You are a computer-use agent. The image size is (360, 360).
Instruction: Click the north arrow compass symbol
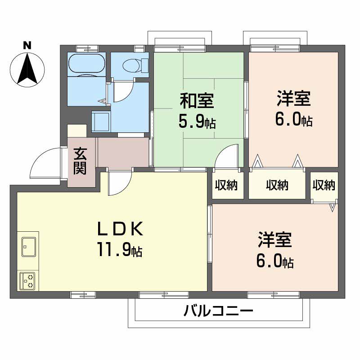[x=27, y=69]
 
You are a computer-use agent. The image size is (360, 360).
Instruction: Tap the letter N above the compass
[x=27, y=45]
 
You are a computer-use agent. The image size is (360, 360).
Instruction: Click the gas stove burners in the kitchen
[x=28, y=280]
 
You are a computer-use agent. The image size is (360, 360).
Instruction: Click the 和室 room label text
[x=197, y=101]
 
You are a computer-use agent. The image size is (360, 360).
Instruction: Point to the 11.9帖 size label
[x=119, y=249]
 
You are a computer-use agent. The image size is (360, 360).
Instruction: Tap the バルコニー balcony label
[x=219, y=311]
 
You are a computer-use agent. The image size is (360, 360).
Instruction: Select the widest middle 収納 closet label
[x=277, y=185]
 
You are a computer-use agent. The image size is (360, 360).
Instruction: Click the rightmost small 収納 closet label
[x=324, y=185]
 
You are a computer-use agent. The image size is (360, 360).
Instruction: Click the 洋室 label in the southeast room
[x=275, y=240]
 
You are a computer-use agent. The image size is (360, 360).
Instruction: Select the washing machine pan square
[x=101, y=121]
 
